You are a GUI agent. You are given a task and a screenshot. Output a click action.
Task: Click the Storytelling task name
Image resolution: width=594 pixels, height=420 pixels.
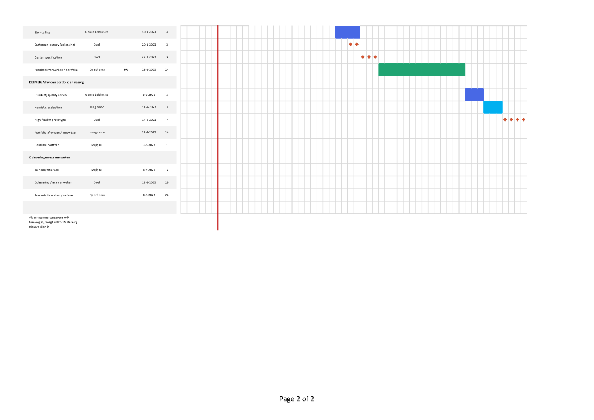point(42,32)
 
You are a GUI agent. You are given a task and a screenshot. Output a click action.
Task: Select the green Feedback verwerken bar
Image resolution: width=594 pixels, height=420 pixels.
point(422,70)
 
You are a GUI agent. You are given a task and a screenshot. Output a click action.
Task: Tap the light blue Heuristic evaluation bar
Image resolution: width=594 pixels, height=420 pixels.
point(493,107)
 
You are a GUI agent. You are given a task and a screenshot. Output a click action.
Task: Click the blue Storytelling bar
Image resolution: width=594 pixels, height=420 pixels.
point(347,32)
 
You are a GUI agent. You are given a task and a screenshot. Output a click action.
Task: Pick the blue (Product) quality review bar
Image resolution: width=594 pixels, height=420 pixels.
point(474,95)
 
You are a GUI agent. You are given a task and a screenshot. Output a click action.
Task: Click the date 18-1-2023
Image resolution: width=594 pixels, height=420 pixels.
point(149,32)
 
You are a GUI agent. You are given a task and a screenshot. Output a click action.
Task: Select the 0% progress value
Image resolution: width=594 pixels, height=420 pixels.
point(126,70)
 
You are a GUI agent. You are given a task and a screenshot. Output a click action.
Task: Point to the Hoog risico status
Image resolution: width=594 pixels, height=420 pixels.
point(97,132)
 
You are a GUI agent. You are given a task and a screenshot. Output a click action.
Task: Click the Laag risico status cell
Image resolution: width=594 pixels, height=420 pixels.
point(97,107)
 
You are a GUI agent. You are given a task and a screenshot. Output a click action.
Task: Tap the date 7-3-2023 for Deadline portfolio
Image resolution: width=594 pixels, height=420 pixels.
point(149,145)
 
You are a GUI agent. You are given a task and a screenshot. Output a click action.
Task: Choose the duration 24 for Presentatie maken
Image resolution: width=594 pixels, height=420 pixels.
point(167,195)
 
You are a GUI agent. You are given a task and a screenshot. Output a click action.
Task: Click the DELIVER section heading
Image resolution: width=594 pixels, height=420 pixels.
point(56,83)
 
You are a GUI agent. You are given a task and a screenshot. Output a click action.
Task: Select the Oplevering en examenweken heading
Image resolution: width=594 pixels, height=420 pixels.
point(49,158)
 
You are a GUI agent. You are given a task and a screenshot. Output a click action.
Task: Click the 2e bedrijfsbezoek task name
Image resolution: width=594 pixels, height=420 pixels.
point(46,170)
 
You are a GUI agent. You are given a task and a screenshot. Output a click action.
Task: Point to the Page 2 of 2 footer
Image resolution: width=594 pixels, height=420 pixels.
point(297,399)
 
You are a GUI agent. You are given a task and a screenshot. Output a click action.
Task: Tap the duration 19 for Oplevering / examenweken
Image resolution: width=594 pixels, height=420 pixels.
point(167,183)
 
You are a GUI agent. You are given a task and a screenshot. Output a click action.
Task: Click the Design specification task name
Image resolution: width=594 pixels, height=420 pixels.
point(48,57)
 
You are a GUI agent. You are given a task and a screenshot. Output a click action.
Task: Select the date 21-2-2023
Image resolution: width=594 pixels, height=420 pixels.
point(149,132)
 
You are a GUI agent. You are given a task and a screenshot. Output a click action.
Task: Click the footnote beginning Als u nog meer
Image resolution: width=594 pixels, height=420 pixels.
point(53,222)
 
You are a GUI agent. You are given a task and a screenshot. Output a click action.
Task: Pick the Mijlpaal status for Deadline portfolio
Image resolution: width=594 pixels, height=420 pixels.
point(97,145)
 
